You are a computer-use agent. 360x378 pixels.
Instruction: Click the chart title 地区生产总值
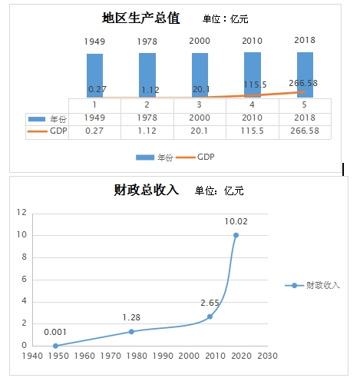click(x=140, y=18)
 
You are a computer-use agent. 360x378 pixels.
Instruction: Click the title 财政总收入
click(x=146, y=190)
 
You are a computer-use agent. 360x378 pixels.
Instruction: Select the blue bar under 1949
click(x=94, y=75)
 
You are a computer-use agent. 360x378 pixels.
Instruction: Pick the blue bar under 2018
click(x=305, y=75)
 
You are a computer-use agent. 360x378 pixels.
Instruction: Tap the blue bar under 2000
click(x=200, y=75)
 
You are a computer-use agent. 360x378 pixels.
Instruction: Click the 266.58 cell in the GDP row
click(x=305, y=131)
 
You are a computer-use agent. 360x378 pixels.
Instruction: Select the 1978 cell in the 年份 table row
click(x=147, y=118)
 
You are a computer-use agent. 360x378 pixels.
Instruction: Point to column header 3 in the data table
click(x=199, y=104)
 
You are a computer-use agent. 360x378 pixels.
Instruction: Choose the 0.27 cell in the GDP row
click(x=94, y=131)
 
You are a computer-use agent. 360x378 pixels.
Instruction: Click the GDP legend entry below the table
click(x=195, y=157)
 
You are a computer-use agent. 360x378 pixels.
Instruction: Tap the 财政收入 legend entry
click(x=312, y=285)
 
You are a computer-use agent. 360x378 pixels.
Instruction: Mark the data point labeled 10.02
click(x=236, y=235)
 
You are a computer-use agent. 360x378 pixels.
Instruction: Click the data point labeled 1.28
click(x=131, y=332)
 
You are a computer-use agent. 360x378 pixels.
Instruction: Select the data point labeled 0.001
click(x=55, y=346)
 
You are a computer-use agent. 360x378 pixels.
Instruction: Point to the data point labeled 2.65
click(x=210, y=317)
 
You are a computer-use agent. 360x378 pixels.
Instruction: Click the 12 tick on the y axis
click(x=21, y=212)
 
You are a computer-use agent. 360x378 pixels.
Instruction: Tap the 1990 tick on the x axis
click(x=163, y=356)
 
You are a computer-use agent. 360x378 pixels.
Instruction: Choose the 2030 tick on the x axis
click(x=267, y=356)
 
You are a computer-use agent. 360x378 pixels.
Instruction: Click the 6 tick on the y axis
click(x=24, y=279)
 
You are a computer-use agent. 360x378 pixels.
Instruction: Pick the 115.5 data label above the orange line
click(x=255, y=85)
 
